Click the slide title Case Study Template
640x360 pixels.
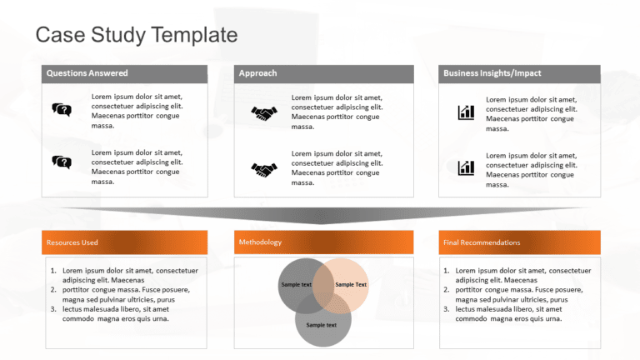pos(137,35)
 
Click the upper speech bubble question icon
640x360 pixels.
pos(62,109)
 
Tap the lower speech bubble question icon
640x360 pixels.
pos(62,162)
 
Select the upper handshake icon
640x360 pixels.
pos(264,113)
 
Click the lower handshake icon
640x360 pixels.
pos(264,169)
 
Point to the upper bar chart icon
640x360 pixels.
pos(466,112)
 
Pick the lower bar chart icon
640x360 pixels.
pos(466,167)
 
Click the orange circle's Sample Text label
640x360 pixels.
pos(351,285)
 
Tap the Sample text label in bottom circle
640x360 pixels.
pos(321,325)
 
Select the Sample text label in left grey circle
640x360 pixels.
pos(297,285)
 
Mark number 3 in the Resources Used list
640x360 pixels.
pos(54,309)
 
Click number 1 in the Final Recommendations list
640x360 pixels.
pos(447,271)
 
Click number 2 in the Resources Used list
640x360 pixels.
pos(54,290)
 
